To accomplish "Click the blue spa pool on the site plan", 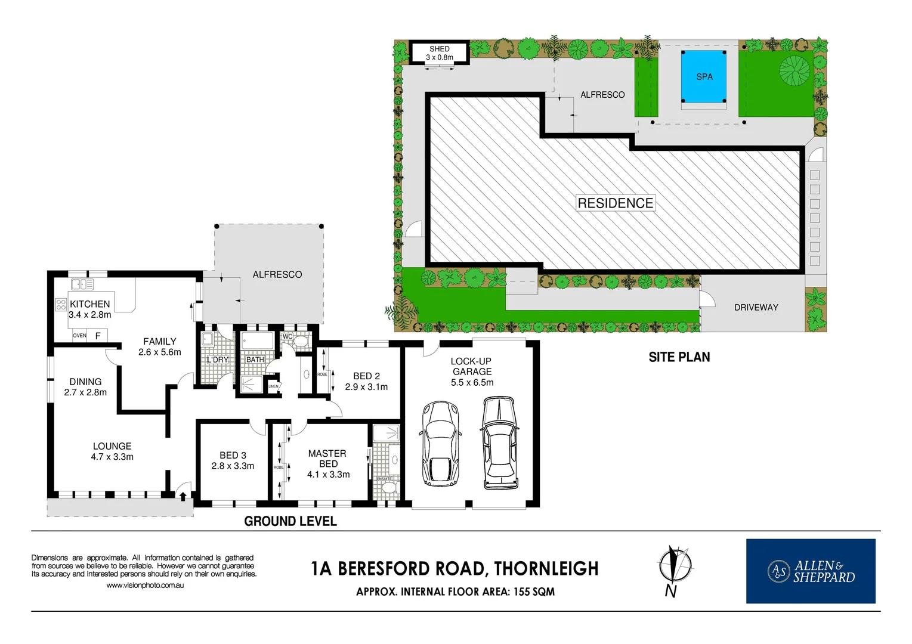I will click(704, 76).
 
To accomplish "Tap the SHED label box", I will click(440, 53).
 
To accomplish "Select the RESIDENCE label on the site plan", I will click(615, 203).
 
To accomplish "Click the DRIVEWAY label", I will click(756, 308).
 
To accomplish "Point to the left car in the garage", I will click(440, 444).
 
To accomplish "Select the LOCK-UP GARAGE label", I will click(471, 366).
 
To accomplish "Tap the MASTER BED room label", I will click(327, 459).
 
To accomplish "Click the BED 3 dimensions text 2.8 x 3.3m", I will click(233, 466).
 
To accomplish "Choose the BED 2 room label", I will click(366, 376).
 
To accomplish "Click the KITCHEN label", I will click(90, 304).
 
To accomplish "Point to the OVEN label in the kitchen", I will click(79, 336).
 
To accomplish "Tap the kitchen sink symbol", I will click(82, 284).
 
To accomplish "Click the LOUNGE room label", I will click(112, 446).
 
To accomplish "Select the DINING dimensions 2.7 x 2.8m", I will click(85, 392).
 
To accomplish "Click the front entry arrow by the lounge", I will click(183, 495).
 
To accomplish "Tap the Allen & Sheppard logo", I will click(811, 571).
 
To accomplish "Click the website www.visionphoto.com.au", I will click(145, 586).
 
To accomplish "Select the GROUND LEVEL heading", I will click(290, 521).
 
